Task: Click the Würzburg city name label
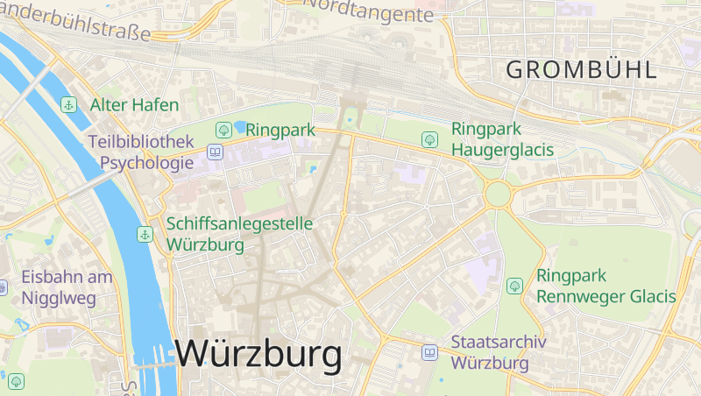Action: (258, 354)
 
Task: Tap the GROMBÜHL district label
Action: (581, 69)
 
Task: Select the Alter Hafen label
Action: (134, 105)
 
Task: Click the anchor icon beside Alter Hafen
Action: (68, 105)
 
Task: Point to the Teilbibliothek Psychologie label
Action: (140, 152)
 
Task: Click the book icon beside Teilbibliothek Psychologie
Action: (215, 152)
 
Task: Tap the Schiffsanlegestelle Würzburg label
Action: (239, 234)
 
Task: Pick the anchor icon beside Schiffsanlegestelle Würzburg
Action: (145, 235)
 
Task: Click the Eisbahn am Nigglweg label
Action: (67, 287)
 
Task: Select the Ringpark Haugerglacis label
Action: (502, 139)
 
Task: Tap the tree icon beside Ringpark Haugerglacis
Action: (429, 139)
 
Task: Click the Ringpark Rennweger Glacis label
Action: (605, 286)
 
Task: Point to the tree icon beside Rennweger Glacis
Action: (514, 286)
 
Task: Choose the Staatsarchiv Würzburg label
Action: (499, 352)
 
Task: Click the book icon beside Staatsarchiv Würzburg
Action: (429, 352)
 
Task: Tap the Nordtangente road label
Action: (368, 11)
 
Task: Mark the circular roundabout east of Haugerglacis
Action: (498, 194)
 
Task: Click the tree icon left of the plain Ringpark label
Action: (223, 131)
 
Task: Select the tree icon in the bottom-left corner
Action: (16, 381)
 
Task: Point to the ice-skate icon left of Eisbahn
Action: (3, 286)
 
